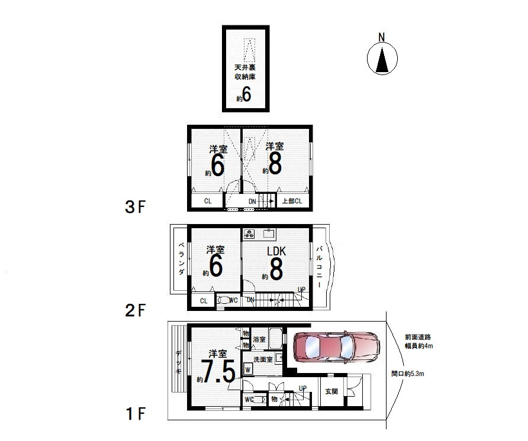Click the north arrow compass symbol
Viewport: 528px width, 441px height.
[x=382, y=58]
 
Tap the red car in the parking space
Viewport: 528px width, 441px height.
[x=336, y=347]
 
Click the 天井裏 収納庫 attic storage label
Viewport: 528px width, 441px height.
[x=245, y=72]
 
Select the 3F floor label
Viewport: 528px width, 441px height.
[x=135, y=207]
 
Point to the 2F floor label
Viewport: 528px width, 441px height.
[x=135, y=310]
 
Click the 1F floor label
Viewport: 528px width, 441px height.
[x=136, y=413]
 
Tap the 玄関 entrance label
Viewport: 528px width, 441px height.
[x=331, y=391]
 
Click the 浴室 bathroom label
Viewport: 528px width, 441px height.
[x=259, y=339]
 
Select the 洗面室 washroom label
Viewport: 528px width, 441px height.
[x=263, y=359]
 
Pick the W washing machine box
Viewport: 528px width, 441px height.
[x=248, y=369]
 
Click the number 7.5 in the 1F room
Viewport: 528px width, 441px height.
[x=218, y=371]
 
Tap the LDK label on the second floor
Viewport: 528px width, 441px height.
[x=276, y=251]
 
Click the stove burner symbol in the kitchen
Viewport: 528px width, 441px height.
[x=249, y=234]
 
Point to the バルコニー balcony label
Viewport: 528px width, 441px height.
[x=319, y=267]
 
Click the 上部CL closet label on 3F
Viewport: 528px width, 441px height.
[x=292, y=201]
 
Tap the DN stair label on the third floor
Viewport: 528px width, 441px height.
[x=252, y=202]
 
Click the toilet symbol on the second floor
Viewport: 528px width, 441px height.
[x=223, y=300]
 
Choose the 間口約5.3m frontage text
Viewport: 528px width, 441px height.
[x=408, y=374]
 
